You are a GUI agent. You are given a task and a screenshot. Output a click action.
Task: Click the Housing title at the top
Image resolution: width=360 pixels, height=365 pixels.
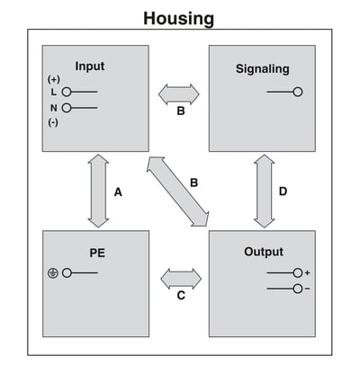(x=179, y=19)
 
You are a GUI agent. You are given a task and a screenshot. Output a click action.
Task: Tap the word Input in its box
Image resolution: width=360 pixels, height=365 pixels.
(x=90, y=67)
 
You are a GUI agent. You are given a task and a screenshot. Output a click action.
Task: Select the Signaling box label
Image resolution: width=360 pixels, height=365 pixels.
(x=263, y=69)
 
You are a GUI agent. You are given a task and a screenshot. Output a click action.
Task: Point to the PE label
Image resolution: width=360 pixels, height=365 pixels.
(x=97, y=253)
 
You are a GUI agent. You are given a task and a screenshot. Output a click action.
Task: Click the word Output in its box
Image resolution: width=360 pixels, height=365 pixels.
(x=264, y=252)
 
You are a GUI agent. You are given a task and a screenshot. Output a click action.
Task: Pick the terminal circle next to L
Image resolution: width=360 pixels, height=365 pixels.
(x=67, y=92)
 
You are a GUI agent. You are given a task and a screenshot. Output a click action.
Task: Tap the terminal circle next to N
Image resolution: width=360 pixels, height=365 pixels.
(x=67, y=108)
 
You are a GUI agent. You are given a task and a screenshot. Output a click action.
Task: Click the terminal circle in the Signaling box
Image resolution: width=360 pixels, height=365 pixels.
(x=298, y=92)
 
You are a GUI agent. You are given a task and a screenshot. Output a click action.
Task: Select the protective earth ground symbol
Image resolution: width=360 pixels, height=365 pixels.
(x=53, y=273)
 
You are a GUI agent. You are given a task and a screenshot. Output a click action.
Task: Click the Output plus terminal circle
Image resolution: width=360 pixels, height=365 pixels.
(x=298, y=273)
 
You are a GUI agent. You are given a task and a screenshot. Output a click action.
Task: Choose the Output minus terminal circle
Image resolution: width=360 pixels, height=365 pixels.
(x=298, y=289)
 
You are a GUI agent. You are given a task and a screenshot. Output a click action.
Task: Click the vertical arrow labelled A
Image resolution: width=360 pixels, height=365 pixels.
(x=98, y=191)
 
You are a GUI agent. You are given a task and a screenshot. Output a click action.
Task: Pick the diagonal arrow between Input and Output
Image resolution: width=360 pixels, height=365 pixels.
(x=177, y=191)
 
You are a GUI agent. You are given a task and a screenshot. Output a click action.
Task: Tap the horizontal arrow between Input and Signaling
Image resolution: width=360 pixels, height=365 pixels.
(x=179, y=94)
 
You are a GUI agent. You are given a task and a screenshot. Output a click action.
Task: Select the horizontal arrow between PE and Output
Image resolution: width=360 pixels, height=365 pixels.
(x=181, y=279)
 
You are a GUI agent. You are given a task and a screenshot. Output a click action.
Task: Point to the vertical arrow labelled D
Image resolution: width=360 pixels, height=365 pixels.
(x=265, y=191)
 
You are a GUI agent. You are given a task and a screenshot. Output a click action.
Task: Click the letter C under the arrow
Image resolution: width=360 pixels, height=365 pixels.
(x=181, y=296)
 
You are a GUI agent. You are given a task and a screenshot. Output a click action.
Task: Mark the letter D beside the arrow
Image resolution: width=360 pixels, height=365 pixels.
(x=283, y=191)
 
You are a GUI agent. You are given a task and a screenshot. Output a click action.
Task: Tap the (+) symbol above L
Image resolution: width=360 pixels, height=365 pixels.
(x=54, y=80)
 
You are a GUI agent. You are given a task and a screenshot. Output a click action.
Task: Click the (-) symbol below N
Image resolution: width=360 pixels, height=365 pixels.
(x=53, y=122)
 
